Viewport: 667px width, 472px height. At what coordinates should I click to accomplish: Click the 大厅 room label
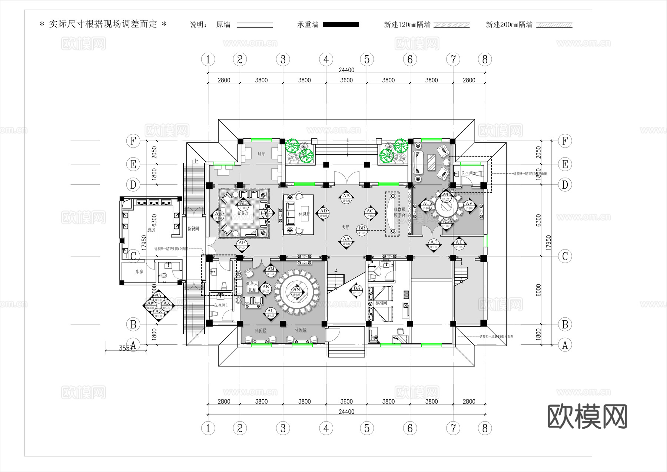point(345,227)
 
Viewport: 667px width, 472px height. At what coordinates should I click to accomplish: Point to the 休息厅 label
point(305,214)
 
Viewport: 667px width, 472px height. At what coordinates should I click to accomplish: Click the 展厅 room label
point(261,154)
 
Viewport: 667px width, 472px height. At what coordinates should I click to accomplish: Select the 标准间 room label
point(381,303)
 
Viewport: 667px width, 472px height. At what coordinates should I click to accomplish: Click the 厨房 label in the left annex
point(151,230)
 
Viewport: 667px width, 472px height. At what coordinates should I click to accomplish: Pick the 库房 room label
point(139,272)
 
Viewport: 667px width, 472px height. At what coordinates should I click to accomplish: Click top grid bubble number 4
point(326,59)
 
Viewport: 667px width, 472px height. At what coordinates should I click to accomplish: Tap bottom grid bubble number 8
point(485,428)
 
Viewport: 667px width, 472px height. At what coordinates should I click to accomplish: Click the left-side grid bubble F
point(133,141)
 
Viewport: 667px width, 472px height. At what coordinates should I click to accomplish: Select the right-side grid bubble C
point(565,256)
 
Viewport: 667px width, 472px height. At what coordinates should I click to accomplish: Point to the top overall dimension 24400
point(346,70)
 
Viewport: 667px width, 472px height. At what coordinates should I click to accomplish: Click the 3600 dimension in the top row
point(346,80)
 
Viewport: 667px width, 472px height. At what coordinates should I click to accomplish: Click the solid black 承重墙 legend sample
point(341,24)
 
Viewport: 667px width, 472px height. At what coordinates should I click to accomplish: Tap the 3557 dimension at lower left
point(126,348)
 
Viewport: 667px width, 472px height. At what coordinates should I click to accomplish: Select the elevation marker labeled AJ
point(434,244)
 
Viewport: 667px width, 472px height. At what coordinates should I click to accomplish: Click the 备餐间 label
point(193,228)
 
